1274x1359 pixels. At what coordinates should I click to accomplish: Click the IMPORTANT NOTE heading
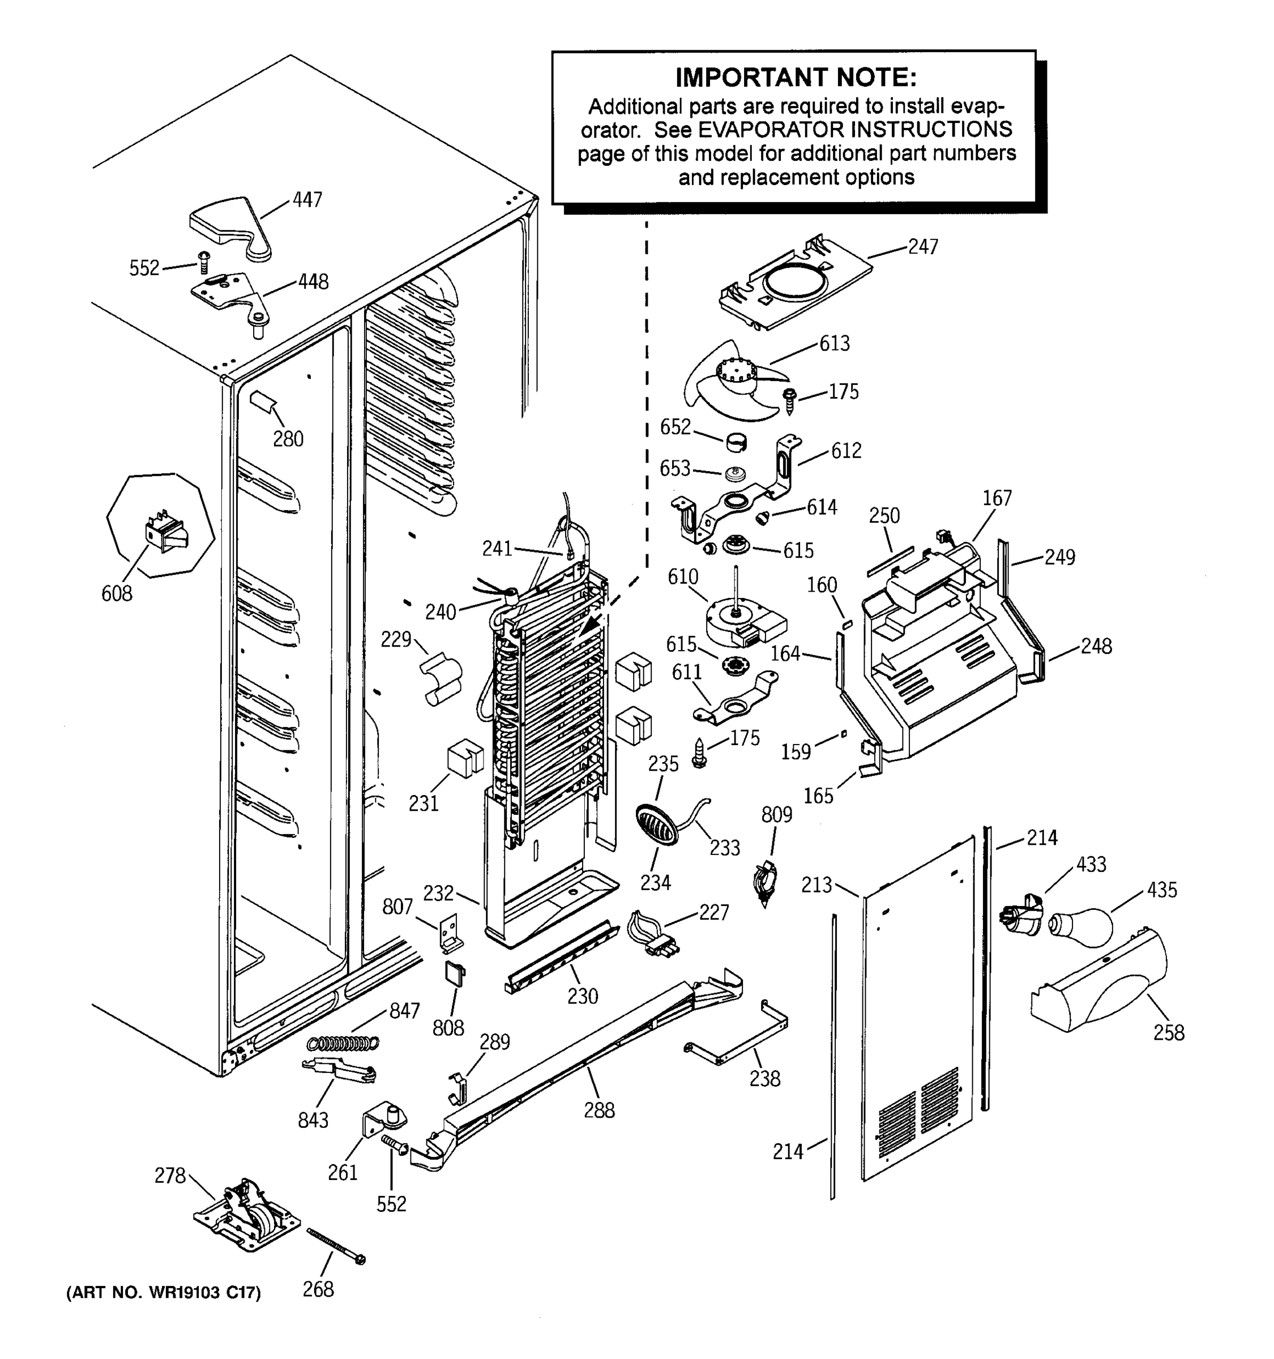[x=795, y=78]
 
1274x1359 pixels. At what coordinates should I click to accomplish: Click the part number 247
[x=923, y=247]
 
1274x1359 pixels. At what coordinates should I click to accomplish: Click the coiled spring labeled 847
[x=343, y=1043]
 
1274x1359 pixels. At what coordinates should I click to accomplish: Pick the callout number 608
[x=117, y=593]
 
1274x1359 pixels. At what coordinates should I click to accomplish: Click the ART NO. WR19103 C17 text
[x=163, y=1293]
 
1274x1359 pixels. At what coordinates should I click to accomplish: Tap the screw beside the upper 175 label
[x=791, y=400]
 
